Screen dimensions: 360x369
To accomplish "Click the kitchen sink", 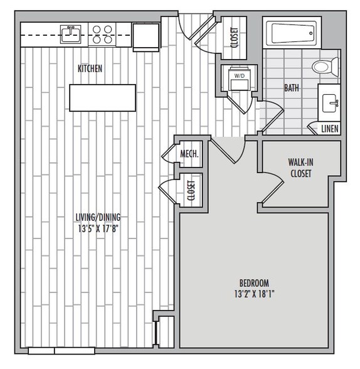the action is [70, 34].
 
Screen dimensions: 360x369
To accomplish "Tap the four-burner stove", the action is [102, 35].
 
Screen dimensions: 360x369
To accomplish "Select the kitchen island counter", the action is [102, 98].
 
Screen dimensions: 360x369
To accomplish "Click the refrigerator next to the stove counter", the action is [146, 37].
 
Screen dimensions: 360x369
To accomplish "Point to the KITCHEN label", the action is [90, 68].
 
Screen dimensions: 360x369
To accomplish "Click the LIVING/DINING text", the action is [98, 217].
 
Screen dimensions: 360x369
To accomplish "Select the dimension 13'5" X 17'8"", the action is [98, 228].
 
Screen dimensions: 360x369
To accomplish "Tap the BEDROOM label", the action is [254, 283].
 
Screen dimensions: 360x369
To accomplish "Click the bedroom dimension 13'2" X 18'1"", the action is [255, 294].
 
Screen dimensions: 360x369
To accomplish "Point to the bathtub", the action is [292, 33].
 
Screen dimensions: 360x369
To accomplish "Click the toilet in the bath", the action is [326, 67].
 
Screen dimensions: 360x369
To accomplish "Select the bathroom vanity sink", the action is [331, 103].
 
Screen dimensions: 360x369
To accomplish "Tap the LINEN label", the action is [330, 129].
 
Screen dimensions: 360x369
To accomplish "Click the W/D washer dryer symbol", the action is [240, 79].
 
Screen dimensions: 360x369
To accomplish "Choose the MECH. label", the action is [189, 154].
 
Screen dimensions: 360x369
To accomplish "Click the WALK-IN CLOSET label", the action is [301, 168].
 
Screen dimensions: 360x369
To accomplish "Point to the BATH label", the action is [292, 88].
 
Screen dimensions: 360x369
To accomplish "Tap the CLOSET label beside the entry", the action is [235, 38].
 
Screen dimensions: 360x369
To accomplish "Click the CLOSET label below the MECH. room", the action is [191, 190].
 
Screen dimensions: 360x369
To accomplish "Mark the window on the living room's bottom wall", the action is [61, 351].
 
